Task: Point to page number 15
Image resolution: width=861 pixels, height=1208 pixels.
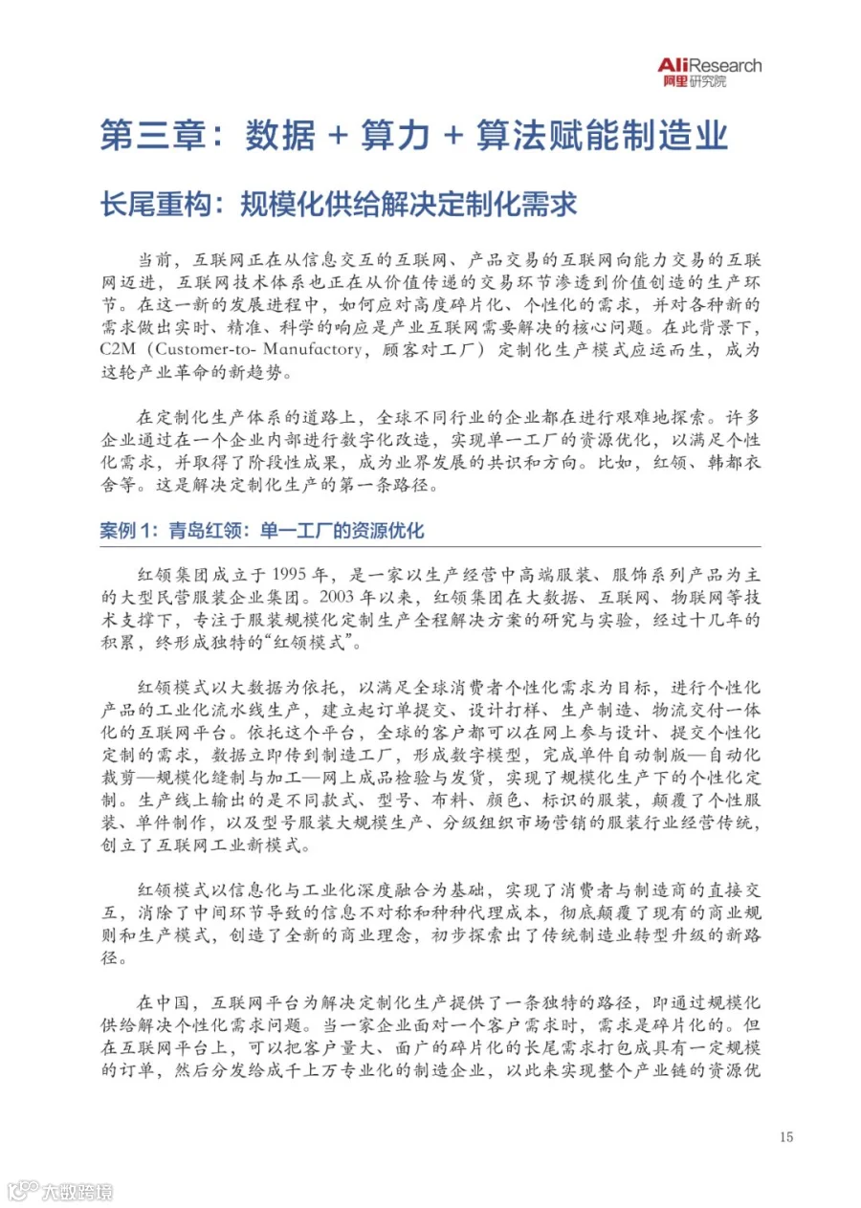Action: click(786, 1137)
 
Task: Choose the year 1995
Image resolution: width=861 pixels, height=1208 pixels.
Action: click(301, 575)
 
